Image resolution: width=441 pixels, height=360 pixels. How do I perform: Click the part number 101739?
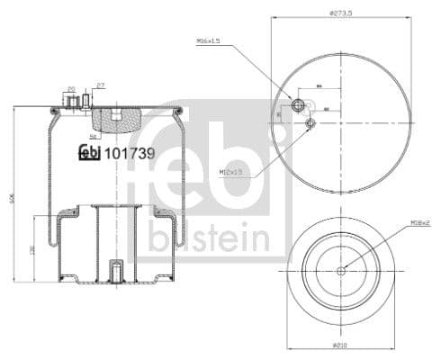130,153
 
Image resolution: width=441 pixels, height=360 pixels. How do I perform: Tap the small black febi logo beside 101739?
90,153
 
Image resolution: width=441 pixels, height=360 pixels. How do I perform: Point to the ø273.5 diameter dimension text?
339,13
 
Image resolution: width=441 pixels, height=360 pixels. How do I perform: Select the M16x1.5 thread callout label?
209,41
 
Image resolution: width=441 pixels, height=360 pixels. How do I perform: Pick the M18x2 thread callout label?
419,221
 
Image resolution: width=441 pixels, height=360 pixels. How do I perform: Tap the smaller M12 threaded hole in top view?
310,121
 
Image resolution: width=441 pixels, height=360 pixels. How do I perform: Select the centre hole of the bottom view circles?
340,271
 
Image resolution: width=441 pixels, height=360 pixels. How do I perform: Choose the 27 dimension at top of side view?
100,85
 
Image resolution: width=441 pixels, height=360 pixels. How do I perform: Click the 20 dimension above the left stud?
71,89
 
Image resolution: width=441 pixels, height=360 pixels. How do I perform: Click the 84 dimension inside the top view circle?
319,87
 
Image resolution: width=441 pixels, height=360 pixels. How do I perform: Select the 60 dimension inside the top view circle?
325,109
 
